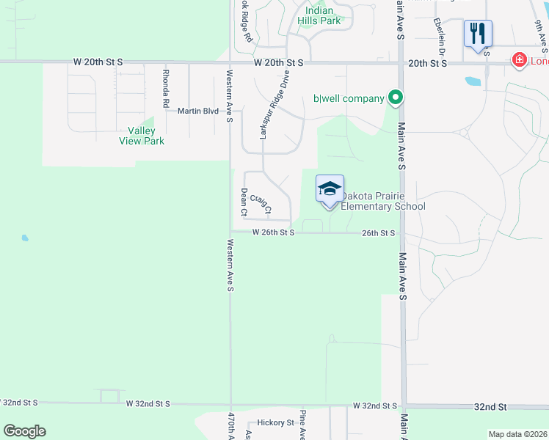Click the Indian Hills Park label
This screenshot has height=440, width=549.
[x=319, y=15]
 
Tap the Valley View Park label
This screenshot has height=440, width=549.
[x=147, y=136]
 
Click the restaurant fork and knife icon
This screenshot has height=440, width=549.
[x=477, y=32]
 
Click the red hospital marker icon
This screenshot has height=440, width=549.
[x=519, y=59]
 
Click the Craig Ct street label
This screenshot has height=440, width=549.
[x=261, y=204]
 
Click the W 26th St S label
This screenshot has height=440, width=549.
[x=273, y=232]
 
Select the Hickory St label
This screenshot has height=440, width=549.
[x=275, y=423]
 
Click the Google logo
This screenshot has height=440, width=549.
[x=24, y=431]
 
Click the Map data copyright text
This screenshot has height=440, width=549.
[x=518, y=434]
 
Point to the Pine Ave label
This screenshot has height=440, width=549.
[x=302, y=426]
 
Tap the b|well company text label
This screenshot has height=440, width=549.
[x=349, y=98]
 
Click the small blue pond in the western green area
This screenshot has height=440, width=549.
[x=25, y=238]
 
